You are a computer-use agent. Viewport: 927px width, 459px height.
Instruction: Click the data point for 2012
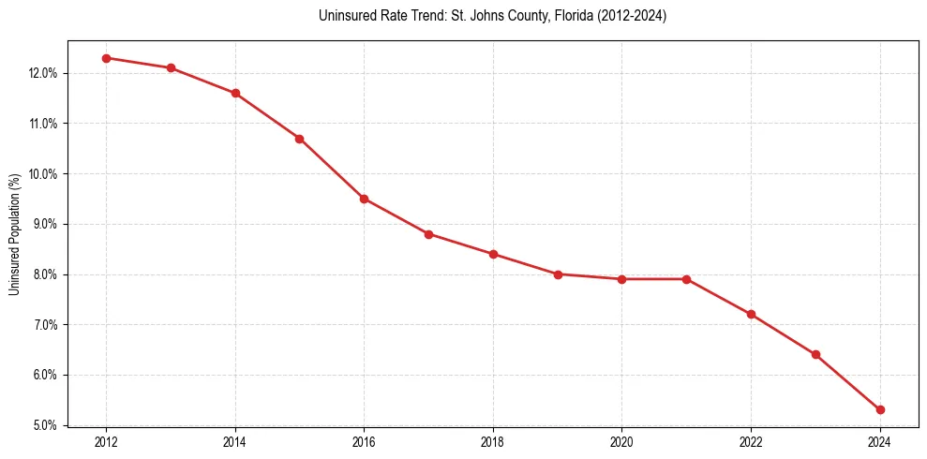pyautogui.click(x=106, y=58)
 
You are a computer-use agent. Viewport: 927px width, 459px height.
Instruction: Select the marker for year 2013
pyautogui.click(x=171, y=68)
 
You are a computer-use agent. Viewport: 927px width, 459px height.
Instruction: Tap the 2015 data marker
pyautogui.click(x=299, y=139)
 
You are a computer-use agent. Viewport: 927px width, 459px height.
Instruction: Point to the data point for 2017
pyautogui.click(x=428, y=234)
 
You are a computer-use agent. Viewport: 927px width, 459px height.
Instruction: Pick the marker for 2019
pyautogui.click(x=558, y=274)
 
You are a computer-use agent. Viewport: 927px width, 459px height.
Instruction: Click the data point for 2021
pyautogui.click(x=686, y=279)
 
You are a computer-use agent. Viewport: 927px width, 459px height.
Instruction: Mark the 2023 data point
pyautogui.click(x=815, y=355)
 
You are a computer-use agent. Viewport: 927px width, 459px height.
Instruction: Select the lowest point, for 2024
pyautogui.click(x=880, y=410)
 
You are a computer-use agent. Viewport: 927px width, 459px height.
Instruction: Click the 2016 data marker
pyautogui.click(x=364, y=199)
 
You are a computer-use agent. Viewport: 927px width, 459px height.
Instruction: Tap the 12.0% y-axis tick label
pyautogui.click(x=45, y=73)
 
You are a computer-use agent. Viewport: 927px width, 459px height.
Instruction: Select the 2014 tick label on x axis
pyautogui.click(x=235, y=442)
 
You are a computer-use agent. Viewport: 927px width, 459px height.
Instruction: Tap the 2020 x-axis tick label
pyautogui.click(x=622, y=442)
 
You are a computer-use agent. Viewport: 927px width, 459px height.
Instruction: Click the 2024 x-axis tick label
pyautogui.click(x=880, y=442)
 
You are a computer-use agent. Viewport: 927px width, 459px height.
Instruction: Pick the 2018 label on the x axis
pyautogui.click(x=493, y=442)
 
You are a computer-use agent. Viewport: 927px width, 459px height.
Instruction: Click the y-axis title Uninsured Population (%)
pyautogui.click(x=14, y=233)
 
